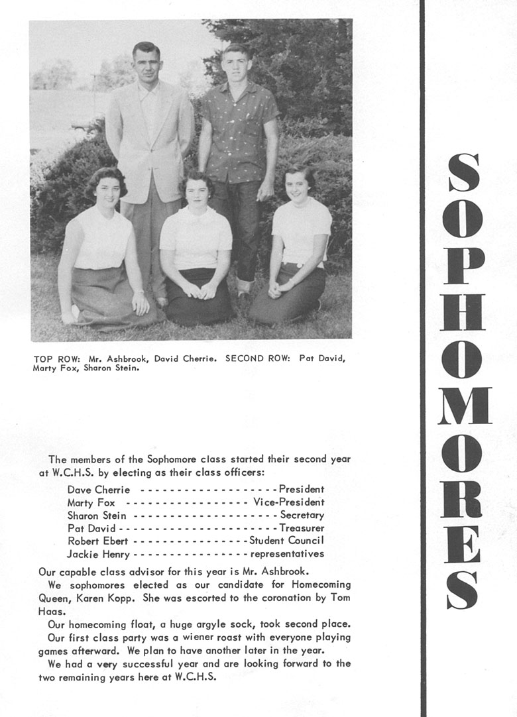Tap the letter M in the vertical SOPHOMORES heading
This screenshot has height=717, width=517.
464,405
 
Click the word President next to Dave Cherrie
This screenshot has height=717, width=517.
302,489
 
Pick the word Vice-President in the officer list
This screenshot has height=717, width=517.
289,502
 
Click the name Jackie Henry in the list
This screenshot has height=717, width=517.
99,553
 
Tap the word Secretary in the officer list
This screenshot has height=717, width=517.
302,515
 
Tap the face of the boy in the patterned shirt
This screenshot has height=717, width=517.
237,65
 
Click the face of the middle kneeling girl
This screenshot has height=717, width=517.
196,192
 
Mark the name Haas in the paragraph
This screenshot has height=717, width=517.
50,612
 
